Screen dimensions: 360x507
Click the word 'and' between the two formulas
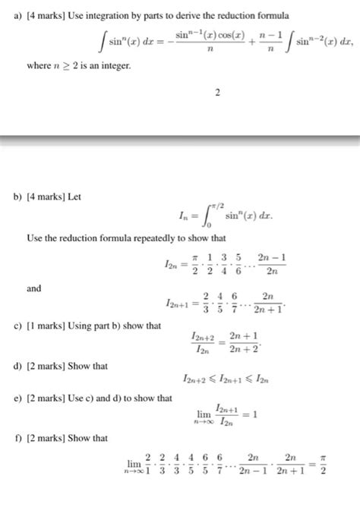click(x=34, y=288)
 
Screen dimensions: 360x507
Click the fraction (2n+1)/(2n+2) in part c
click(x=243, y=339)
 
